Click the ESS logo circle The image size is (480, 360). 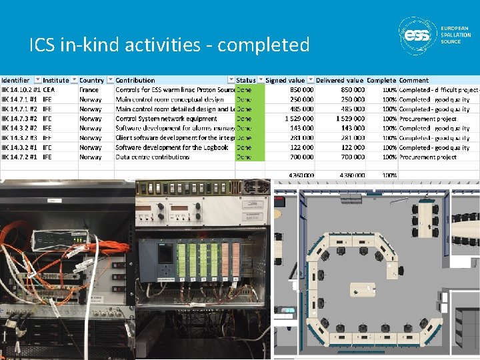pyautogui.click(x=419, y=35)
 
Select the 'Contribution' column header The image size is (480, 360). pyautogui.click(x=135, y=80)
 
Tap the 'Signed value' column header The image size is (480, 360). pyautogui.click(x=285, y=80)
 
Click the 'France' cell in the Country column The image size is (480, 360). pyautogui.click(x=89, y=90)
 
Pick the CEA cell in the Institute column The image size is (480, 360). pyautogui.click(x=49, y=90)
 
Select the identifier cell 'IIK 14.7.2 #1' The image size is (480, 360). pyautogui.click(x=20, y=157)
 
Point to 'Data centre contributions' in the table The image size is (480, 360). pyautogui.click(x=153, y=157)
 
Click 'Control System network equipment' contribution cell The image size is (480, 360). pyautogui.click(x=166, y=119)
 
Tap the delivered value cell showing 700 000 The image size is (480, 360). pyautogui.click(x=350, y=157)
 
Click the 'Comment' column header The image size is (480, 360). pyautogui.click(x=414, y=80)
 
